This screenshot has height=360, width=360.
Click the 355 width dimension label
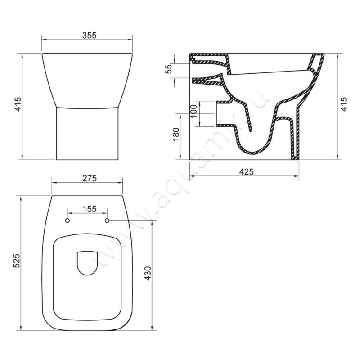[x=89, y=36]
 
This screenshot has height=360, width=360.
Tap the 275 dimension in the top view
[x=90, y=178]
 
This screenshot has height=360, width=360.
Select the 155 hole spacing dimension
[x=90, y=209]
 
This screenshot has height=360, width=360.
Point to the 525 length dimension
[x=17, y=261]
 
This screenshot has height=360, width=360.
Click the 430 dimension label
[x=148, y=273]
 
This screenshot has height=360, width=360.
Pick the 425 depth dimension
[x=247, y=172]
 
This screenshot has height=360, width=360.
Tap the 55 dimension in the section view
[x=169, y=69]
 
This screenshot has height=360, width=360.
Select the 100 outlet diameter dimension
[x=193, y=111]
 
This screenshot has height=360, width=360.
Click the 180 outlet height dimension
[x=175, y=134]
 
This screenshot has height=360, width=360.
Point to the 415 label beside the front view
[x=18, y=104]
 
